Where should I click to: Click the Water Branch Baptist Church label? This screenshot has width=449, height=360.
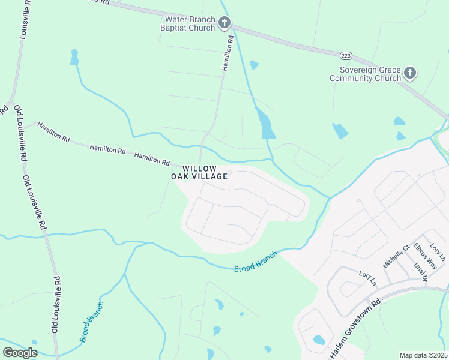[190, 23]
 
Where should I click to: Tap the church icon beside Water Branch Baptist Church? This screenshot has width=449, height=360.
[224, 23]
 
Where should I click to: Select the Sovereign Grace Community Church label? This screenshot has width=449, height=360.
[365, 74]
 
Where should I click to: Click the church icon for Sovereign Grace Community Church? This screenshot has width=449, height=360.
[410, 73]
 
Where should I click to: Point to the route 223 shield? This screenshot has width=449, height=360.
[346, 55]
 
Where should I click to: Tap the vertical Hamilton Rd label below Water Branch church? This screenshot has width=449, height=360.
[227, 53]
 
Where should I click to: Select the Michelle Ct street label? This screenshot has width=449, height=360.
[396, 256]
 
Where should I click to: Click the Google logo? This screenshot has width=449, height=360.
[20, 352]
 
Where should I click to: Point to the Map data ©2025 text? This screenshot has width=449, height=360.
[423, 355]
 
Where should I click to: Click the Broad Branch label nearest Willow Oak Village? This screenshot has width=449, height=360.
[256, 262]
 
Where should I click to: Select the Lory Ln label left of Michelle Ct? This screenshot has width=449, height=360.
[367, 278]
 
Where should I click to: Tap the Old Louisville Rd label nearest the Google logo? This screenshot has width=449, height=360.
[55, 305]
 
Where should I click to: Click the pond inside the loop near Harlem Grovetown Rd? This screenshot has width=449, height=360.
[318, 340]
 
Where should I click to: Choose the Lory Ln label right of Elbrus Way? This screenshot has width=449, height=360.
[438, 254]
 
